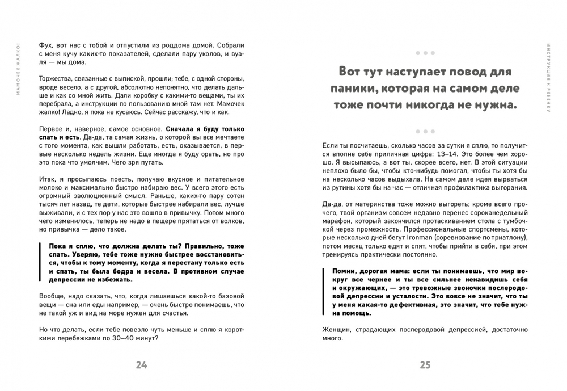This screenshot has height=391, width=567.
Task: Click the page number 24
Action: pos(141,365)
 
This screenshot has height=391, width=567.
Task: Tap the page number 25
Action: pos(425,365)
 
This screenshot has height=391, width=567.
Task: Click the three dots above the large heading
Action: pos(425,53)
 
